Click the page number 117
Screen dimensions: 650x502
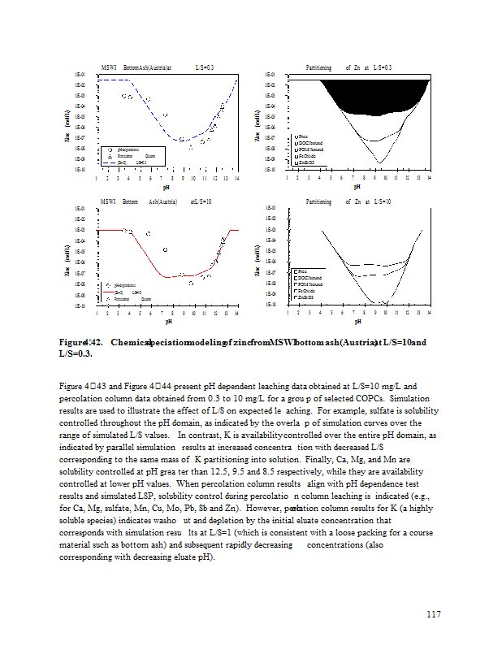[x=433, y=614]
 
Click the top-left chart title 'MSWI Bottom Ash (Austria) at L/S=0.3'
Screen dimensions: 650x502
[x=157, y=67]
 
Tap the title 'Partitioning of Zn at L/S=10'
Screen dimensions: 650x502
[x=348, y=201]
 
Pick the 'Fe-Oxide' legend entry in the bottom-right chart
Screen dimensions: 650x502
[x=310, y=291]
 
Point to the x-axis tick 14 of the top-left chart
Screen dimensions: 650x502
[x=236, y=178]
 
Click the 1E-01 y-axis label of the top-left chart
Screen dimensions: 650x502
[x=80, y=76]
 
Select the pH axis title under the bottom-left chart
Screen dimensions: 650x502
[x=166, y=322]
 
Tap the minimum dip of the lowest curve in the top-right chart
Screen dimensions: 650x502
[x=378, y=162]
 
